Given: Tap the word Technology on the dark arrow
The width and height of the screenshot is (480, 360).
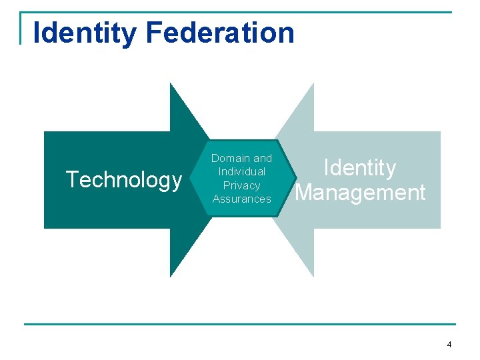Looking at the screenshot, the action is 123,180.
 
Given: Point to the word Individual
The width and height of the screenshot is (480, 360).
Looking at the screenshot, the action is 241,172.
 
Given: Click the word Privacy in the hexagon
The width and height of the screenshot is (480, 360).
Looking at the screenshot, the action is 241,185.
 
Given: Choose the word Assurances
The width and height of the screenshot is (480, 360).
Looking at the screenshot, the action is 241,199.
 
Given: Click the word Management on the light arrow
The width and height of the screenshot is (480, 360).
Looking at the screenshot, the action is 360,193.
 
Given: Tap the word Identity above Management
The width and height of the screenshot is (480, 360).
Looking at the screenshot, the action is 360,168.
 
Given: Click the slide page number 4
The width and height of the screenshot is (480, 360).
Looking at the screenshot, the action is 449,345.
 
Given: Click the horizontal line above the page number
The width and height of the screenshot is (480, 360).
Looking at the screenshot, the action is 240,324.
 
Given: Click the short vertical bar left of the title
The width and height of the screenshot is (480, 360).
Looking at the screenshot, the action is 21,28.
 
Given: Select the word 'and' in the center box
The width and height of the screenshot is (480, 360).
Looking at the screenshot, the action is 263,158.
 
